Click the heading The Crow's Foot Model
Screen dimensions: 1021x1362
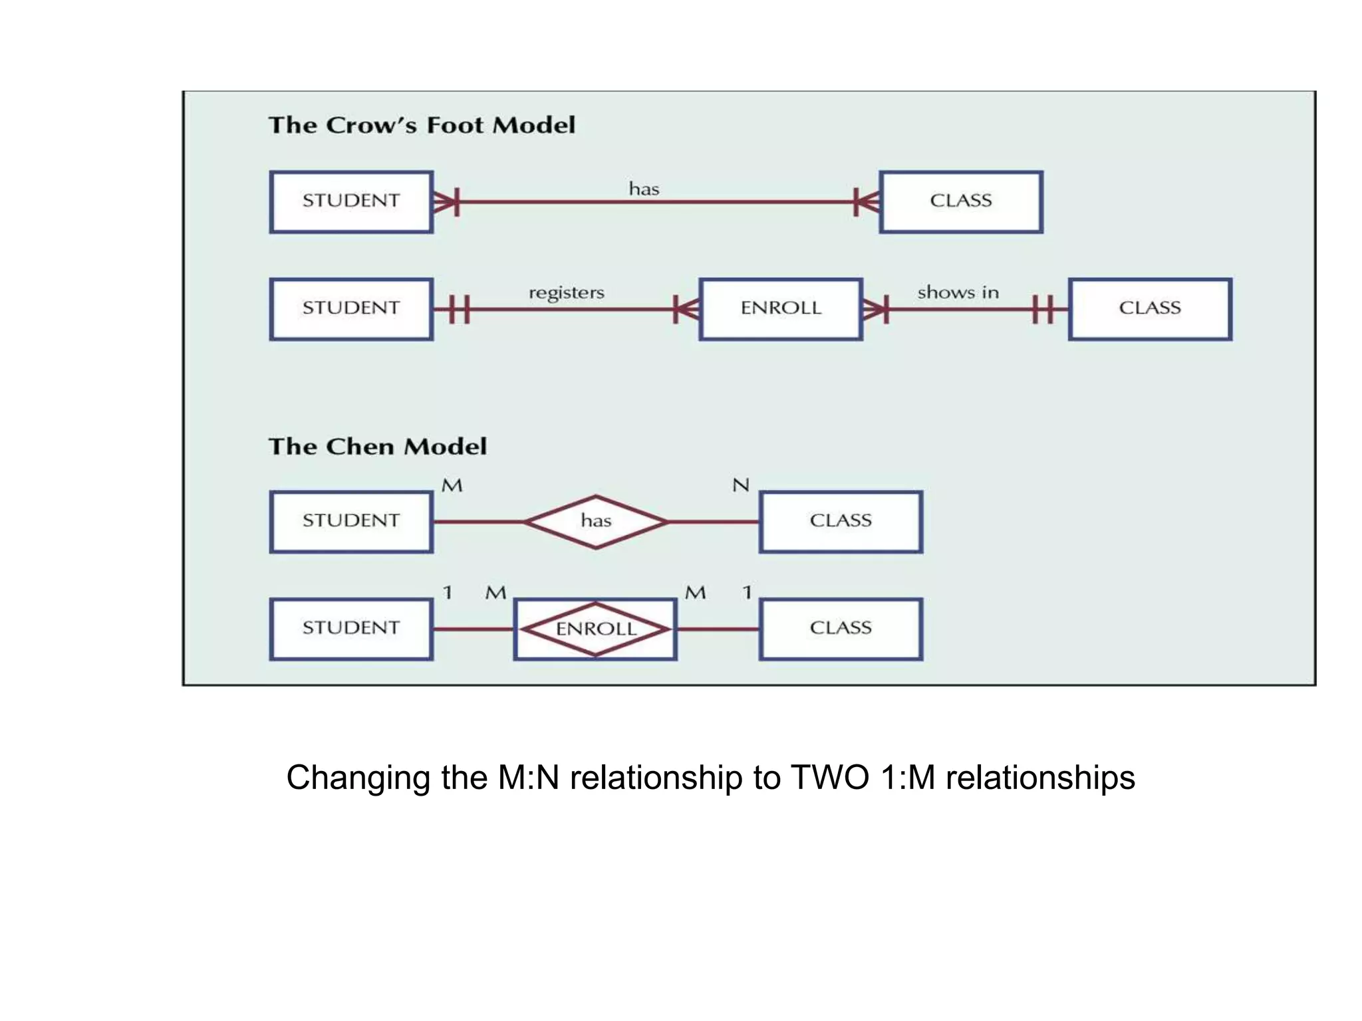(x=422, y=125)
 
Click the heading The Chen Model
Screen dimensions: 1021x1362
(x=377, y=446)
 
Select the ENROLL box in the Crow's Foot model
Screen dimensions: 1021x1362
(x=781, y=308)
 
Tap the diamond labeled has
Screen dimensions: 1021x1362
(x=596, y=521)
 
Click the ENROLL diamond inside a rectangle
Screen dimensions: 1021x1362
(x=596, y=629)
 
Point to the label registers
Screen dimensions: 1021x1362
(x=567, y=293)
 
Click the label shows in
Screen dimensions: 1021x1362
(x=958, y=292)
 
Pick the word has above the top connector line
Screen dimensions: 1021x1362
(x=644, y=189)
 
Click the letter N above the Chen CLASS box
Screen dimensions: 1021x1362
(x=740, y=485)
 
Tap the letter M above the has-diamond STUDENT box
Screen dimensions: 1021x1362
(x=452, y=485)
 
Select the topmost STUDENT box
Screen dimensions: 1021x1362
(x=351, y=201)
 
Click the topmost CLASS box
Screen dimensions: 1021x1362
(x=960, y=201)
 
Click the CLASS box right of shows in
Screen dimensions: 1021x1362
(x=1150, y=308)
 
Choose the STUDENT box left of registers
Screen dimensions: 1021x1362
(x=351, y=308)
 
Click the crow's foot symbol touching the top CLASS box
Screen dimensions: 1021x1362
(x=866, y=201)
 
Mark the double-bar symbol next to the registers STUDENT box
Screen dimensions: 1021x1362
(x=460, y=309)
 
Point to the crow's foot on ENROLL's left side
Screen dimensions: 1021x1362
(x=686, y=309)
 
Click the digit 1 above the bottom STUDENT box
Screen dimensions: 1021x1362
(x=448, y=592)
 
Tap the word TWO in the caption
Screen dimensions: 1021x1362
(x=829, y=777)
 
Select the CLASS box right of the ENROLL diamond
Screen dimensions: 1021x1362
(x=841, y=629)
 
